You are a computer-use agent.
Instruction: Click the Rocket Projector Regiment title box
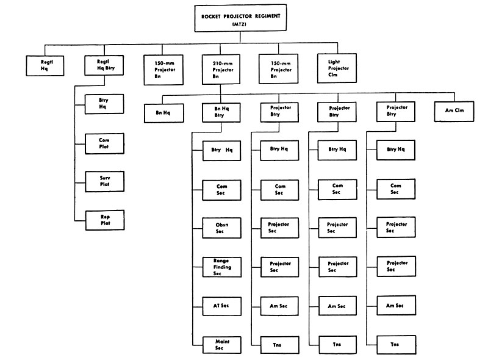point(240,18)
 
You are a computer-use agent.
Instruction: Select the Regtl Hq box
point(45,65)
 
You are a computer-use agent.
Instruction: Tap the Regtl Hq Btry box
point(104,65)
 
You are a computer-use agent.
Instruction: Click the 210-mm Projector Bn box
point(221,70)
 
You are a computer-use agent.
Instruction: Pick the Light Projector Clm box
point(337,68)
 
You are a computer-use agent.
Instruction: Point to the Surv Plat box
point(104,181)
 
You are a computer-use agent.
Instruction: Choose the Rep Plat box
point(105,220)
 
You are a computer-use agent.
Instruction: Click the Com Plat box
point(104,143)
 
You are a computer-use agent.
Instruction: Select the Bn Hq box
point(163,113)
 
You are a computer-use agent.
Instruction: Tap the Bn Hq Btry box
point(221,112)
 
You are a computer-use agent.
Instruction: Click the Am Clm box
point(454,111)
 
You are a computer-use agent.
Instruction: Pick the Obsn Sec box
point(221,228)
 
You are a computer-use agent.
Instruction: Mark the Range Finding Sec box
point(222,267)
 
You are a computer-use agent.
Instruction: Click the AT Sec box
point(222,306)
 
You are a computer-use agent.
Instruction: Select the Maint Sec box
point(222,345)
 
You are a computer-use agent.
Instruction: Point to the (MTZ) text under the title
point(239,24)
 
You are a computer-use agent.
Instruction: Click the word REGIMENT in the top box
point(268,16)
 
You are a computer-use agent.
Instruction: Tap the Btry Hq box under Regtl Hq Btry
point(104,104)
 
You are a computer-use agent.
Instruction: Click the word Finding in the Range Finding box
point(222,267)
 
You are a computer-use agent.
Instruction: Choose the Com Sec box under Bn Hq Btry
point(221,190)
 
